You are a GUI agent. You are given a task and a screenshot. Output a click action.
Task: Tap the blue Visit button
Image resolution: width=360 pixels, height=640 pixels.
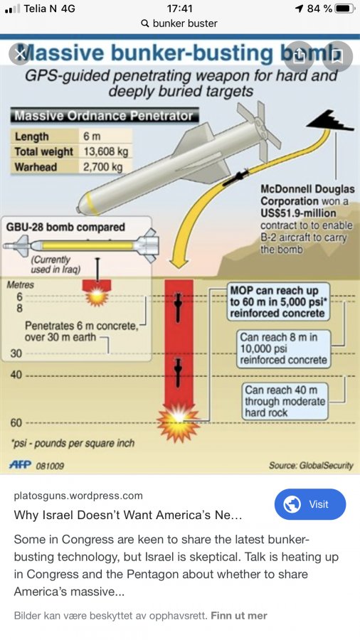click(x=309, y=504)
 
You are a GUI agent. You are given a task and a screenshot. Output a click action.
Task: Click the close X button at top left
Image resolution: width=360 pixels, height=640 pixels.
click(x=20, y=54)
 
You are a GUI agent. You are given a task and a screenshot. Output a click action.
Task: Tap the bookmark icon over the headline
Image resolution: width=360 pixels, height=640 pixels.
click(x=337, y=56)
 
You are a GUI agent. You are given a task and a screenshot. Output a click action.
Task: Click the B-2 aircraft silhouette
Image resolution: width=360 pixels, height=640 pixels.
click(x=330, y=120)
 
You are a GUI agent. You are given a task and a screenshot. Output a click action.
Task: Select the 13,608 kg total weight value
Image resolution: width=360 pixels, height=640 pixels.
click(x=106, y=152)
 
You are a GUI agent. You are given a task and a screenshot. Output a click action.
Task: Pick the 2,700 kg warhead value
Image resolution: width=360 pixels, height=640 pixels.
click(x=103, y=166)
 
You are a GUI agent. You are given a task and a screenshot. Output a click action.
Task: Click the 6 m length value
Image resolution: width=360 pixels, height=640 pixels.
click(x=92, y=137)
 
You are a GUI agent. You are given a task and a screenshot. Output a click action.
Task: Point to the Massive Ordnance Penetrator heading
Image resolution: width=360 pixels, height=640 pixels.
click(x=104, y=116)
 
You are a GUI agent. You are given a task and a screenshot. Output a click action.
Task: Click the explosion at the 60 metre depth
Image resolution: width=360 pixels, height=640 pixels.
click(x=179, y=421)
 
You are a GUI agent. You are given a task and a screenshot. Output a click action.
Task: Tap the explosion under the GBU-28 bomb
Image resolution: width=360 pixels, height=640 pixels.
click(x=97, y=294)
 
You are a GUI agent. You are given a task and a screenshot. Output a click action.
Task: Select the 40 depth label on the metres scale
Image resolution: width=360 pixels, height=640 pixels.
click(x=16, y=375)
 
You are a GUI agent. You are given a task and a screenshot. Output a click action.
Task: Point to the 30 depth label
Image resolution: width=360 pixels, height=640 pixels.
click(x=16, y=353)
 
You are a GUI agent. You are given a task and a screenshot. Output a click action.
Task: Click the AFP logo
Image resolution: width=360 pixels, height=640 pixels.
click(x=21, y=465)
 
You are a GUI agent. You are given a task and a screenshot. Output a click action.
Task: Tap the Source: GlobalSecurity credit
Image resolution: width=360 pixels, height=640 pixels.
click(x=311, y=465)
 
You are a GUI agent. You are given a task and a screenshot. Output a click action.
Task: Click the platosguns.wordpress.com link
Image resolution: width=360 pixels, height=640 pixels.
click(x=78, y=496)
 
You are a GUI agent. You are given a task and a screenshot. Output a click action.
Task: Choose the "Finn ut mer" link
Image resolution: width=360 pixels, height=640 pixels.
click(x=239, y=616)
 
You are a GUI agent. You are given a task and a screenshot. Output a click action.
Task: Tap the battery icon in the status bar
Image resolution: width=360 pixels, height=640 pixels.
click(x=344, y=9)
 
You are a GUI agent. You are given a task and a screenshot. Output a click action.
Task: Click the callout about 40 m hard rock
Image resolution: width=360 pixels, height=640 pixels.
click(x=285, y=401)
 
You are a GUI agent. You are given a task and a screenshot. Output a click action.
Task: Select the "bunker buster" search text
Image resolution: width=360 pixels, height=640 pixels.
click(x=185, y=23)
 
